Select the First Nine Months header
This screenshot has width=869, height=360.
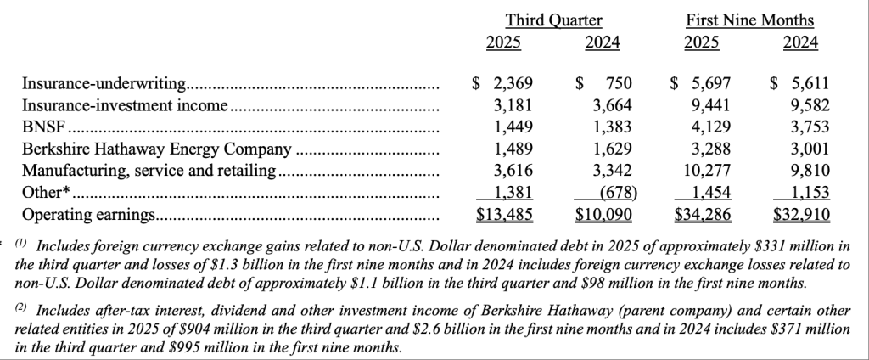tap(748, 20)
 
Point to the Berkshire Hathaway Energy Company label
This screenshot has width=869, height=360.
tap(157, 149)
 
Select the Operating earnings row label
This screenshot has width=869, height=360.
tap(87, 215)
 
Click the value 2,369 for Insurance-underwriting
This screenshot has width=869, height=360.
tap(513, 83)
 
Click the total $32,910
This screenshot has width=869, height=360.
tap(801, 215)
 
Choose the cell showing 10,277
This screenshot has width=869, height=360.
tap(709, 171)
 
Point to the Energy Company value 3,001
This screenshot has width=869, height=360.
tap(810, 149)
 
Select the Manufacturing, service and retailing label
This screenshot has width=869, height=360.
tap(149, 171)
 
